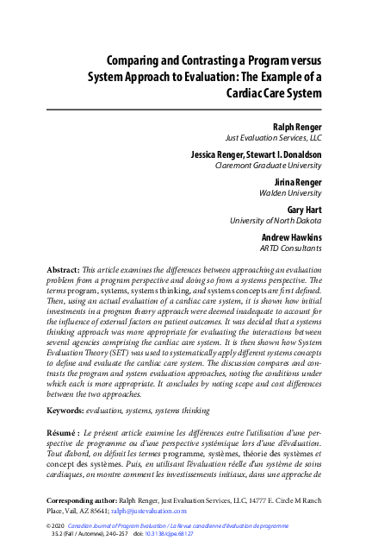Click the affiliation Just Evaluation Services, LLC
(274, 136)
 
